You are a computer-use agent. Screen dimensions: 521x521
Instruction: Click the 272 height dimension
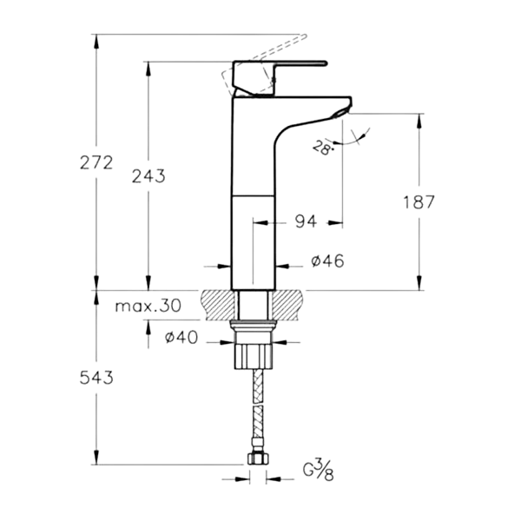[95, 163]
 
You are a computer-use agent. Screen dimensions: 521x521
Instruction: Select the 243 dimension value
[148, 175]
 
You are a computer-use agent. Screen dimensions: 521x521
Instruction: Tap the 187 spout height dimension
[419, 202]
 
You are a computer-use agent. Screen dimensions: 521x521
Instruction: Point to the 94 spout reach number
[305, 222]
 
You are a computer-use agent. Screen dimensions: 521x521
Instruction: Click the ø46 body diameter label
[304, 260]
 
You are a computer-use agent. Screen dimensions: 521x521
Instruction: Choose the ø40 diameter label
[182, 339]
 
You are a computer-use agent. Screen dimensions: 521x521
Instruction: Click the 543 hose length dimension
[95, 378]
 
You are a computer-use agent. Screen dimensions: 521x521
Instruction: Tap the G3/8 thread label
[319, 474]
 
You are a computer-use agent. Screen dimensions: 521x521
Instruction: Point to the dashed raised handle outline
[269, 48]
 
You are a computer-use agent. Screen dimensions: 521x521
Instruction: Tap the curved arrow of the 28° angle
[358, 138]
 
